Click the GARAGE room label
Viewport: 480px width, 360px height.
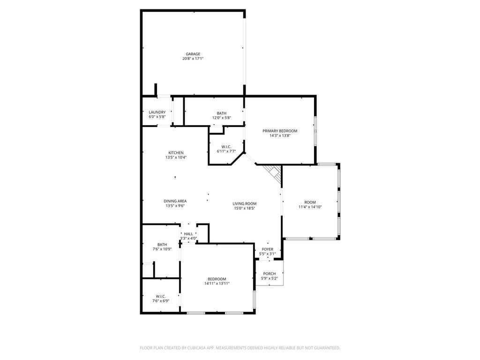pos(193,54)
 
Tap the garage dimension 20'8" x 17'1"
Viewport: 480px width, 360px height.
pos(193,59)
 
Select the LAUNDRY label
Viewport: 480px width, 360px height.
pos(157,112)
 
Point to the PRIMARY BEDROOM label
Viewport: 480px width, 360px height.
pos(280,131)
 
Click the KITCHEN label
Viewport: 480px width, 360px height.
pos(176,153)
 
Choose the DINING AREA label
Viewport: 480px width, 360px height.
pos(175,201)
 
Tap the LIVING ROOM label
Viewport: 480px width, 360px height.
pos(245,203)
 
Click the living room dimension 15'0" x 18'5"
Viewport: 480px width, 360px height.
pos(245,208)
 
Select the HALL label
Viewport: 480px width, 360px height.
pos(188,234)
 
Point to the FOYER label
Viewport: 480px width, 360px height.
pos(268,249)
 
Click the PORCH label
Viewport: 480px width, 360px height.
pos(270,274)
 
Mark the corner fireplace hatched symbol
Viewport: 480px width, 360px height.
pos(273,174)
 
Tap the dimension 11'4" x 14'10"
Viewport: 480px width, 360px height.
pos(310,207)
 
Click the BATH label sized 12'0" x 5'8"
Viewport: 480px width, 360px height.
pos(222,113)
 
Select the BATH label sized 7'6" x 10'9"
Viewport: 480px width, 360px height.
pos(162,245)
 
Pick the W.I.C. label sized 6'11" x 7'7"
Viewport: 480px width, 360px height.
pos(226,147)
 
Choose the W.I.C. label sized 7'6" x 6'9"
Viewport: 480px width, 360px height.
pos(161,296)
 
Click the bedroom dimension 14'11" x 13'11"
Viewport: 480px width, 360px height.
pos(217,284)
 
